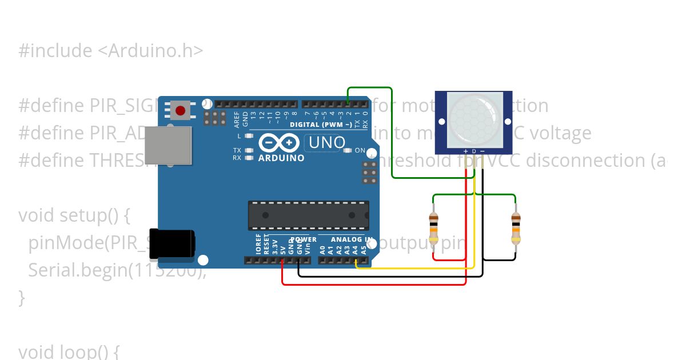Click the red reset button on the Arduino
pos(181,110)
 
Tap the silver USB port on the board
pos(167,145)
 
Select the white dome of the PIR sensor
pos(473,119)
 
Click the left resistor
pos(433,227)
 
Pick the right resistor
pos(516,227)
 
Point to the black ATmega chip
pos(308,215)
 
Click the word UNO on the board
pos(327,142)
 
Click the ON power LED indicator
pos(349,151)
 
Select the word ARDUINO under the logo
pos(281,158)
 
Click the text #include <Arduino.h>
pos(110,51)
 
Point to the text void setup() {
pos(75,215)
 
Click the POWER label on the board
pos(303,240)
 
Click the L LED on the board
pos(249,136)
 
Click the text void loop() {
pos(69,351)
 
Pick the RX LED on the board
pos(249,158)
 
